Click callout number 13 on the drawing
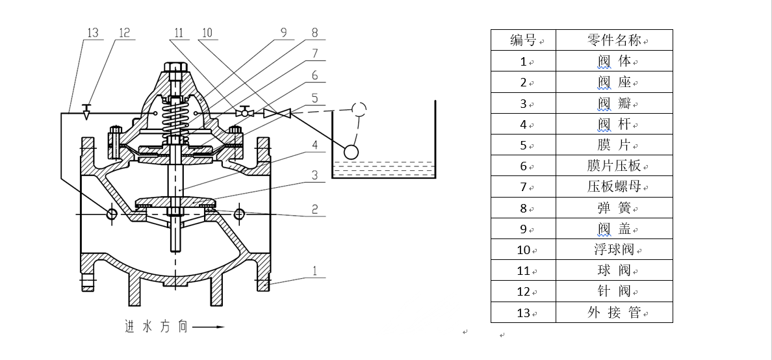pyautogui.click(x=92, y=32)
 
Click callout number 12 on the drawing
pyautogui.click(x=125, y=32)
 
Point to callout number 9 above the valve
pyautogui.click(x=283, y=32)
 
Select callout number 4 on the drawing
pyautogui.click(x=315, y=145)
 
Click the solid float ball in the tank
pyautogui.click(x=351, y=151)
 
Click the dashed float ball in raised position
pyautogui.click(x=358, y=109)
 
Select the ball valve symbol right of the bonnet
pyautogui.click(x=245, y=112)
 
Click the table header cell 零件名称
pyautogui.click(x=614, y=40)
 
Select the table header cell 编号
pyautogui.click(x=523, y=40)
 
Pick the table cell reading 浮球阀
pyautogui.click(x=614, y=250)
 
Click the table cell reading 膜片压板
pyautogui.click(x=614, y=166)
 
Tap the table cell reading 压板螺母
pyautogui.click(x=614, y=186)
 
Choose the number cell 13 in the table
pyautogui.click(x=523, y=313)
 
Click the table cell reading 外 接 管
pyautogui.click(x=614, y=313)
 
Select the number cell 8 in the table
pyautogui.click(x=523, y=208)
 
